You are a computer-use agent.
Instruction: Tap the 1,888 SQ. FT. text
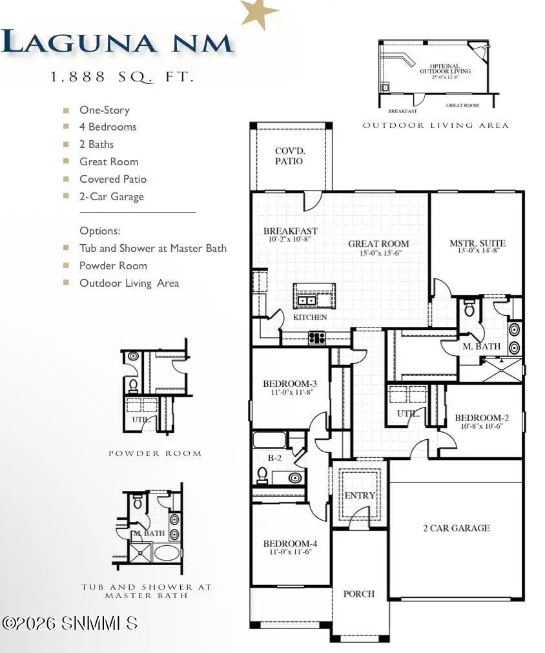(x=122, y=78)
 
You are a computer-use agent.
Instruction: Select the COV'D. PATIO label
(x=289, y=156)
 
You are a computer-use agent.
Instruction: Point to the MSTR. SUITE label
(x=477, y=244)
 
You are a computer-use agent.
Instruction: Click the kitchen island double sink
(x=307, y=300)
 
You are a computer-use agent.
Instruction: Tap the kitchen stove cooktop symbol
(x=316, y=337)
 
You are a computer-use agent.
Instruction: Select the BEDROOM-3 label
(x=289, y=384)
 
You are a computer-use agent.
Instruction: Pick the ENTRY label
(x=360, y=495)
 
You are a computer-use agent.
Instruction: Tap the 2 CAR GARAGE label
(x=456, y=528)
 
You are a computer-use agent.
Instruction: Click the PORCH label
(x=358, y=594)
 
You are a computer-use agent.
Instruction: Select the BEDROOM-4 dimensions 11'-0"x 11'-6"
(x=289, y=552)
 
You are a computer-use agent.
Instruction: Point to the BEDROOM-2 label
(x=478, y=417)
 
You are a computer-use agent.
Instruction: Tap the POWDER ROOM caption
(x=155, y=453)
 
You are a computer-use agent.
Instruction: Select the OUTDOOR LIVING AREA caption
(x=435, y=125)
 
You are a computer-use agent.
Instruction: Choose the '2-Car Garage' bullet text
(x=112, y=196)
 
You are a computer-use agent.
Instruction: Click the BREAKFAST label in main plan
(x=290, y=231)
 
